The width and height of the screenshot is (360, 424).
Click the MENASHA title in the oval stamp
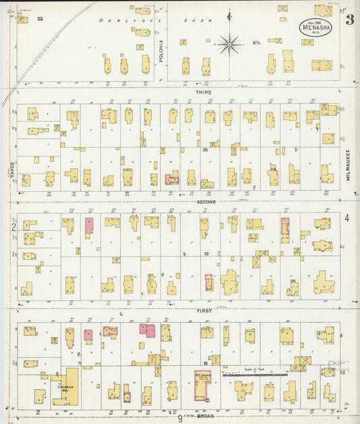(x=316, y=28)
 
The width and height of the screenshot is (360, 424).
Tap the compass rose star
(x=230, y=44)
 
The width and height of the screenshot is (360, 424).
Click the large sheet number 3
(x=349, y=20)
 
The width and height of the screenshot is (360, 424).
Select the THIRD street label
(x=203, y=92)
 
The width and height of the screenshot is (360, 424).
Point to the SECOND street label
(x=206, y=201)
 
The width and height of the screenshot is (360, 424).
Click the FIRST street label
(x=204, y=310)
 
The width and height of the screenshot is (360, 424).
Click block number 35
(x=205, y=151)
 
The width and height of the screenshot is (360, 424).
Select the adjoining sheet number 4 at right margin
(x=346, y=217)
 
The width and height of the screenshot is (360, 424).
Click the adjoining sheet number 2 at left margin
(x=12, y=227)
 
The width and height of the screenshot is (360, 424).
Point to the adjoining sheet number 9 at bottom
(x=180, y=418)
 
